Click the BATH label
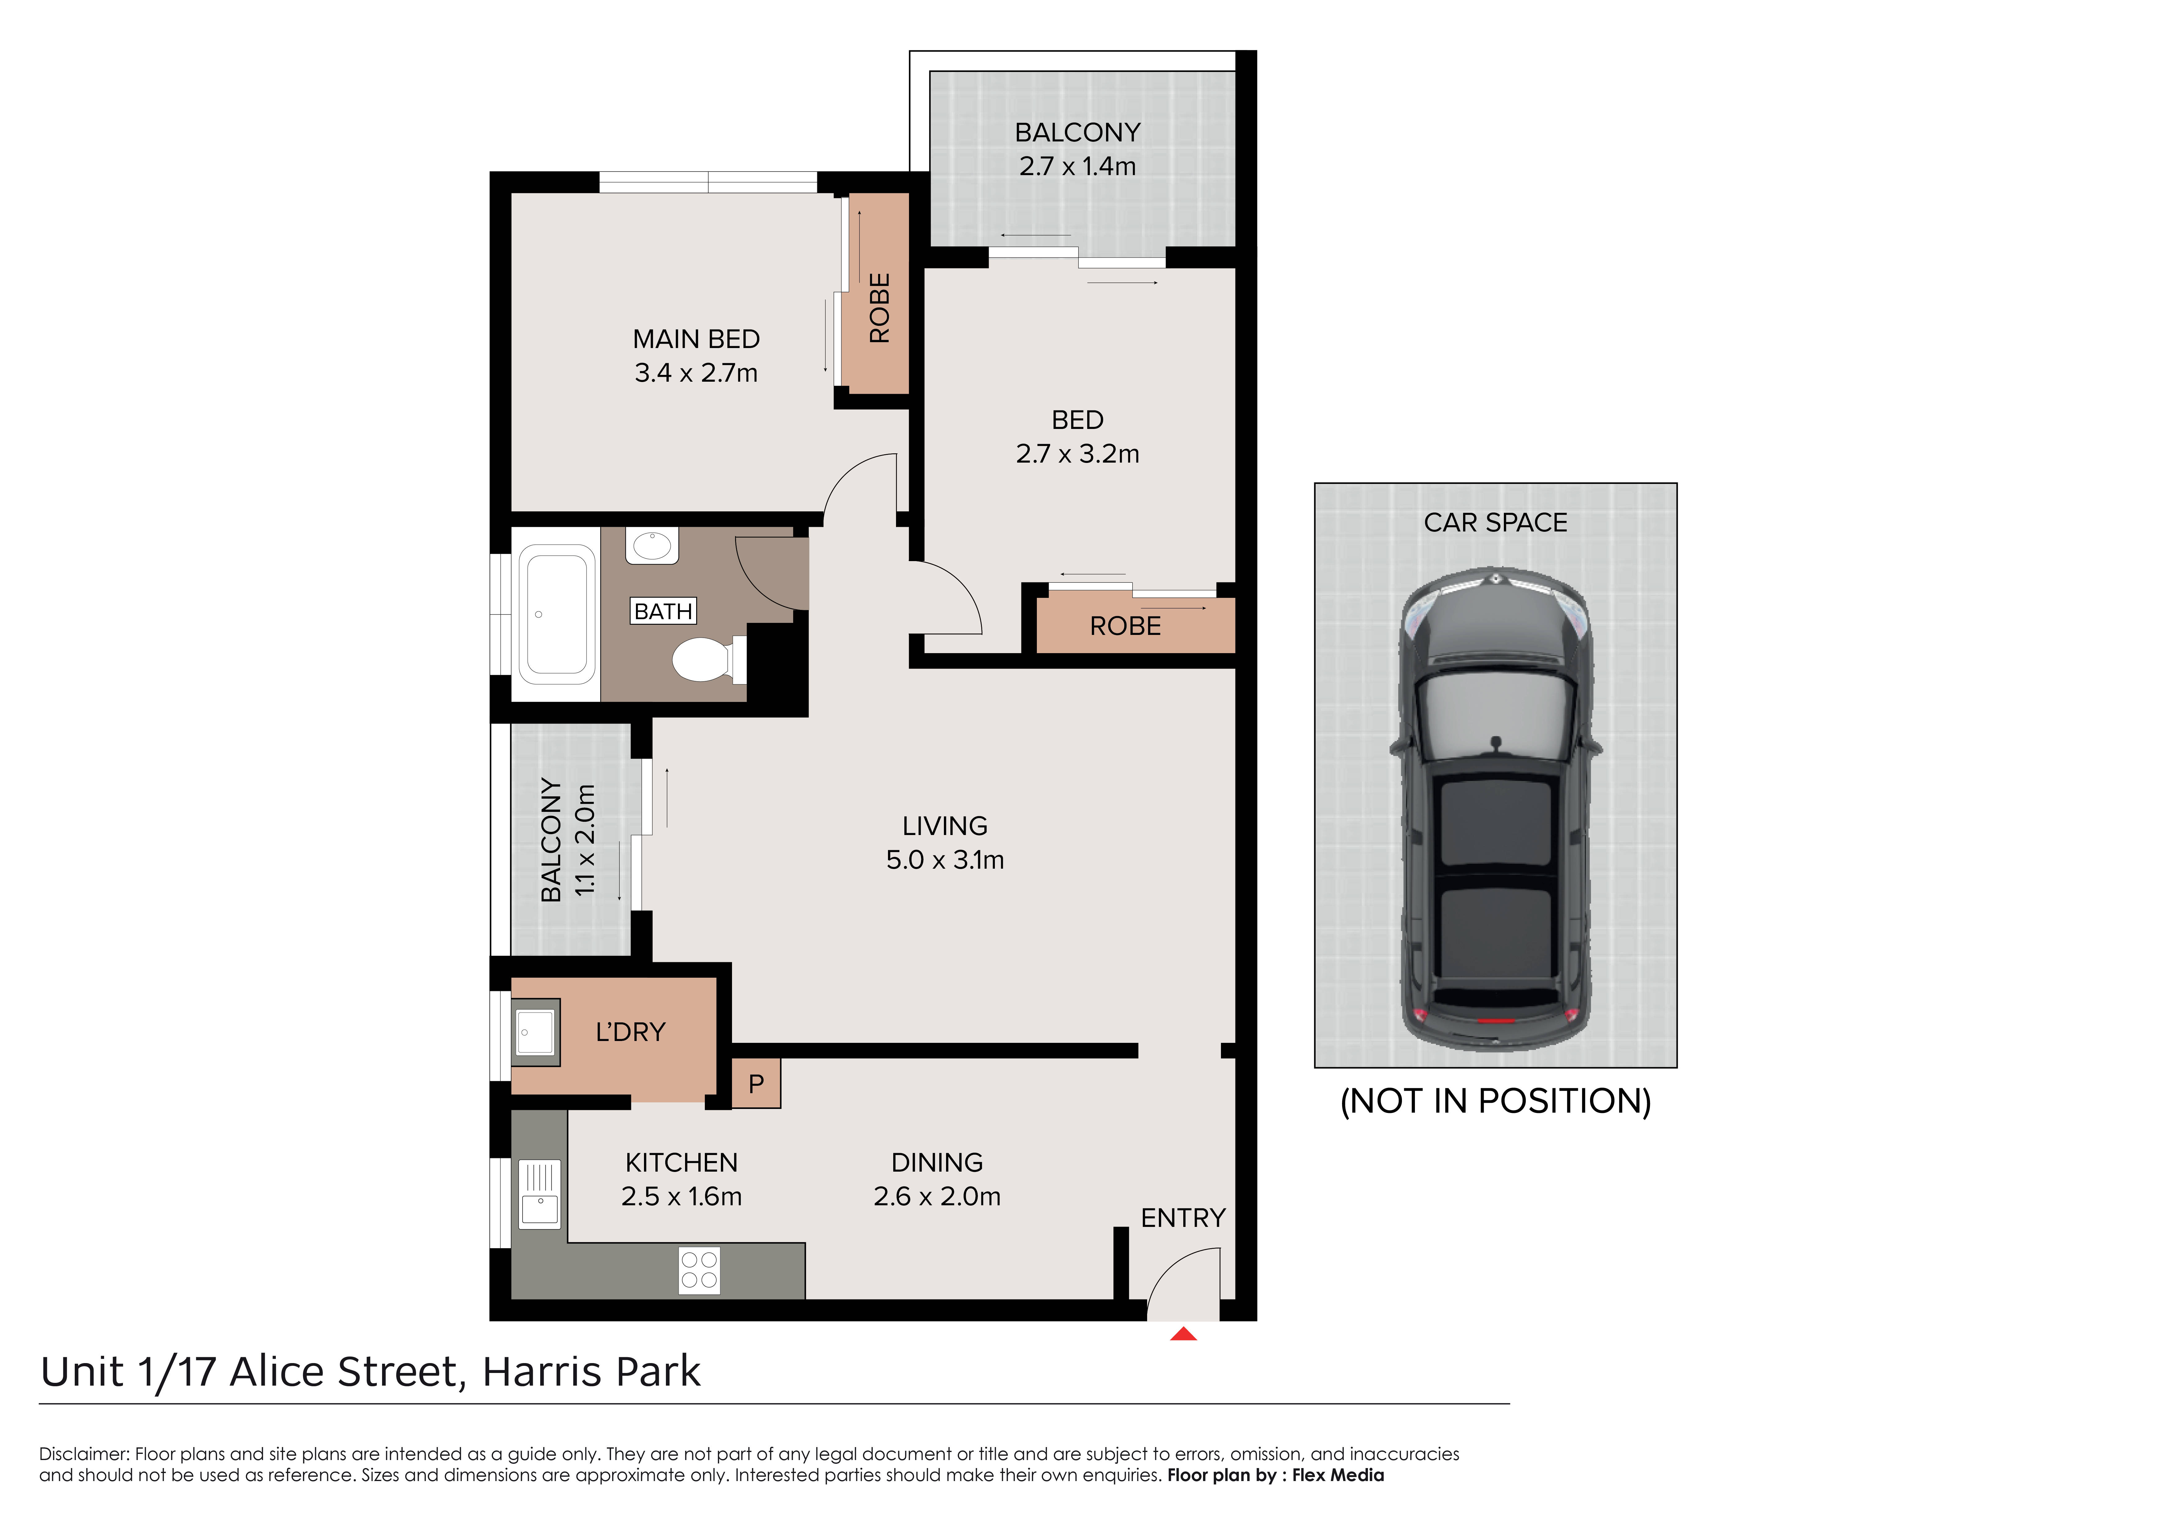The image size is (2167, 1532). [663, 612]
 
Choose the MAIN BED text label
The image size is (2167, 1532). [696, 339]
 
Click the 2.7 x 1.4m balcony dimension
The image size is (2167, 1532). [1078, 166]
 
